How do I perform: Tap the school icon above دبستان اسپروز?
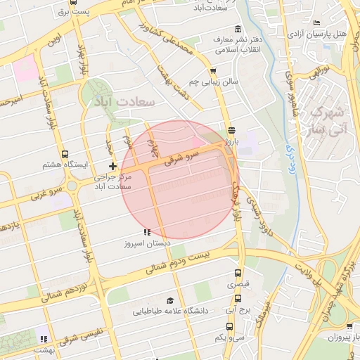[146, 232]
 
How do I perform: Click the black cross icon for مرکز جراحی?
[112, 165]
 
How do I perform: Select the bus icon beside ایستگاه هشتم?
[65, 154]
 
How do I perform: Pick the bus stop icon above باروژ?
[231, 129]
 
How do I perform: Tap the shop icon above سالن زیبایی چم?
[213, 70]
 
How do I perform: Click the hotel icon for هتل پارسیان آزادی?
[316, 22]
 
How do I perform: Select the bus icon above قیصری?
[238, 274]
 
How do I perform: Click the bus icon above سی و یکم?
[230, 326]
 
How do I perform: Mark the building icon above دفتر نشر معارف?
[238, 29]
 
